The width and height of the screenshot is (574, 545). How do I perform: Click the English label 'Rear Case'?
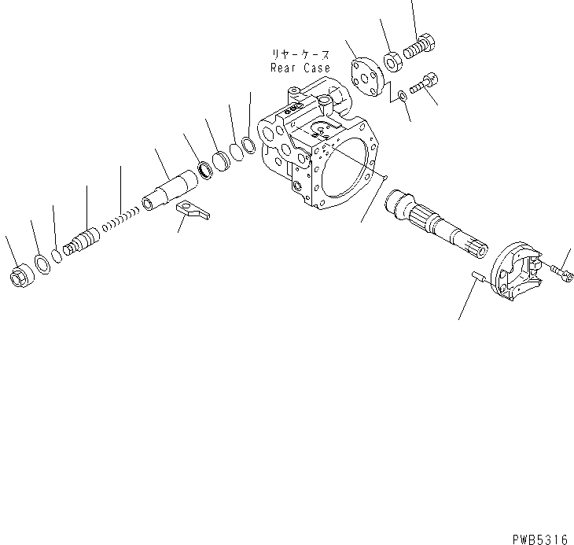pos(300,68)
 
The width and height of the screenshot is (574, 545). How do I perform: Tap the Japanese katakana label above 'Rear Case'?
pos(300,55)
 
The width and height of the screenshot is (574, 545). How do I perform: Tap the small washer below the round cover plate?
pos(403,95)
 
